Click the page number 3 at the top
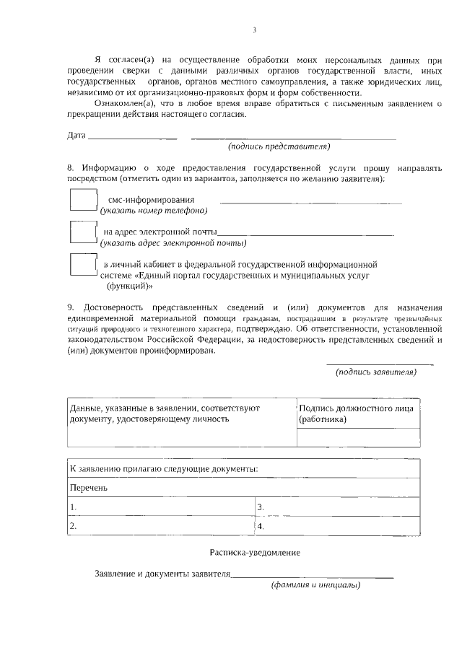click(254, 30)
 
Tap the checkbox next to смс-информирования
click(83, 199)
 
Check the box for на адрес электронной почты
click(83, 232)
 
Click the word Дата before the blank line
click(76, 136)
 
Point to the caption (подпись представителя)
click(279, 146)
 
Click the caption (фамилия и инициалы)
click(315, 585)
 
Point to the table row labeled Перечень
click(244, 488)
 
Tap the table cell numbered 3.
click(338, 507)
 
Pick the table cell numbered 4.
click(338, 527)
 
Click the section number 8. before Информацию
click(71, 167)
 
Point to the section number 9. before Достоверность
click(71, 306)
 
